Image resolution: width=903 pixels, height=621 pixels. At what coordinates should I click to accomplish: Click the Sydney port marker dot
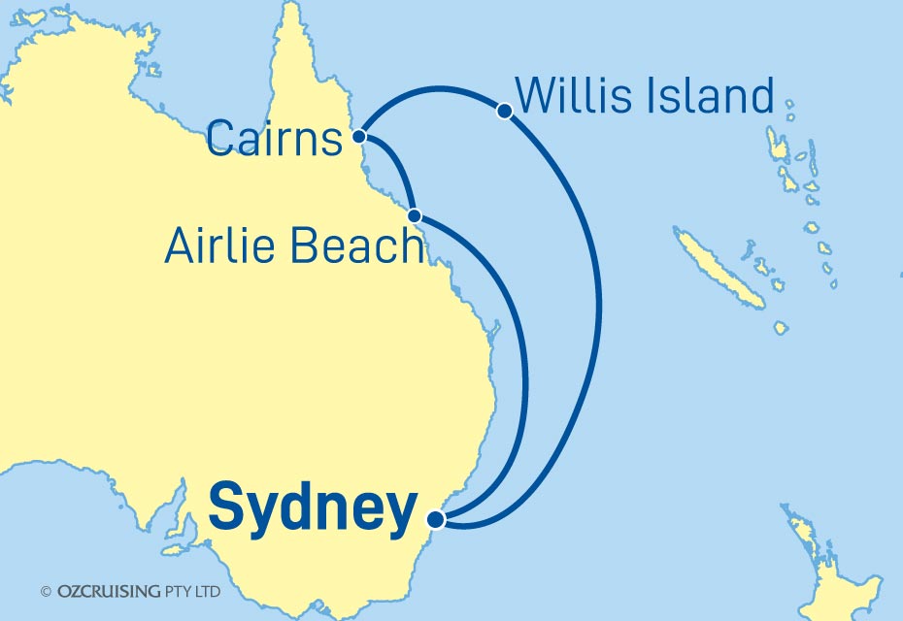point(436,520)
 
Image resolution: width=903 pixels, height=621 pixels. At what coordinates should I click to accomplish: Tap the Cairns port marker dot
point(359,137)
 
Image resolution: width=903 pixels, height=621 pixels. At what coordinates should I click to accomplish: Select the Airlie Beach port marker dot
point(415,215)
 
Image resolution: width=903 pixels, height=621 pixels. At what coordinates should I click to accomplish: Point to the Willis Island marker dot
point(504,111)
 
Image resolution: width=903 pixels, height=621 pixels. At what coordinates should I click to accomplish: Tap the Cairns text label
point(276,142)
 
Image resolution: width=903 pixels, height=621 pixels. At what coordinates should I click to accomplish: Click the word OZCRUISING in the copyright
point(110,591)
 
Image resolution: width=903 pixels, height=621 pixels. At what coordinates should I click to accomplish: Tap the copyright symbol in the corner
point(45,591)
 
